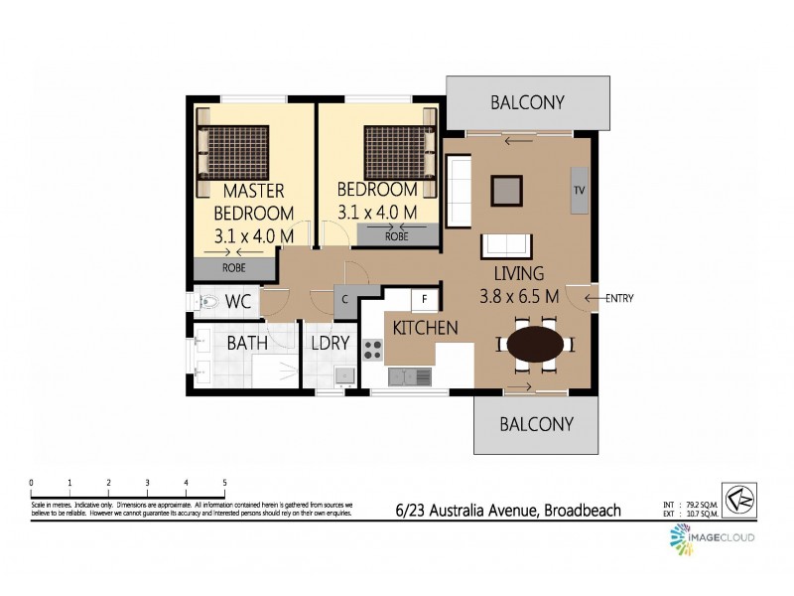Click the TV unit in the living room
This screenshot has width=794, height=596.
coord(579,191)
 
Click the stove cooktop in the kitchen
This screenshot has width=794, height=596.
coord(373,350)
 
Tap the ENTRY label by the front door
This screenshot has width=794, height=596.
coord(618,298)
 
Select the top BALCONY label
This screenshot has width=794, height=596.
coord(528,102)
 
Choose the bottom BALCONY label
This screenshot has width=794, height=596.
coord(536,424)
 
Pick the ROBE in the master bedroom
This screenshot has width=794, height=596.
coord(234,267)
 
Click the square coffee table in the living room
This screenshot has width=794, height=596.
coord(507,189)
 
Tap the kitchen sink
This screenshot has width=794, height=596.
coord(409,376)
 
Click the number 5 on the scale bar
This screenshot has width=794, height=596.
coord(224,483)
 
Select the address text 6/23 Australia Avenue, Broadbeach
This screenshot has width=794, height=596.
coord(506,511)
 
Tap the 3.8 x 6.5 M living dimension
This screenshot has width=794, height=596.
coord(518,296)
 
